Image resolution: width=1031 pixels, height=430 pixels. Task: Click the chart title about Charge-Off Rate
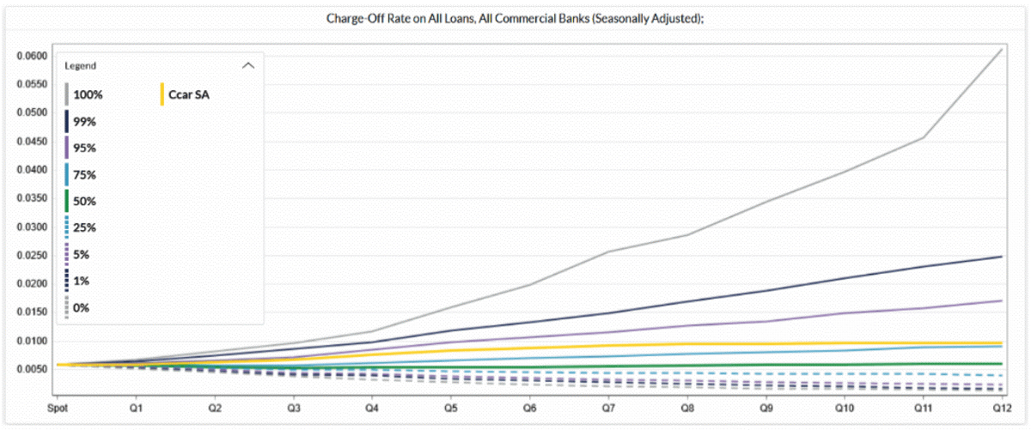point(515,18)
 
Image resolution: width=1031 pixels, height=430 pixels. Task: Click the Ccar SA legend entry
point(188,94)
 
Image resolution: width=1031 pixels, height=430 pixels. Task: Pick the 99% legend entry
point(82,121)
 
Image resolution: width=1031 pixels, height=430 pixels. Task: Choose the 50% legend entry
point(83,201)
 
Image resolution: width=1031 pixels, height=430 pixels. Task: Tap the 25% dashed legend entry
point(83,227)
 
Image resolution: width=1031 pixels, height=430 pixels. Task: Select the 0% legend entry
point(81,307)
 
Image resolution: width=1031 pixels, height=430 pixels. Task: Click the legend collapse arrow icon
point(248,65)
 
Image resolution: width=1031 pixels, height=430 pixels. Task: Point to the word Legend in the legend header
point(81,65)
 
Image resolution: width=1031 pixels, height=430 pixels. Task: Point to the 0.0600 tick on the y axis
point(31,56)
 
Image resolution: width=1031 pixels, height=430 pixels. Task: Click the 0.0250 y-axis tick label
point(31,255)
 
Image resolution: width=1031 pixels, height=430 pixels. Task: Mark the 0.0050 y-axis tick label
point(31,369)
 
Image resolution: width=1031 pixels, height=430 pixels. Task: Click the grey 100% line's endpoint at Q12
point(1002,50)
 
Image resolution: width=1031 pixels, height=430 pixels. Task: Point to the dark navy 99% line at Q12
point(1002,257)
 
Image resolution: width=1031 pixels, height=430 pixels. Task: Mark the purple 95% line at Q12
point(1002,300)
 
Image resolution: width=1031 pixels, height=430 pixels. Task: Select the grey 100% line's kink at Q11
point(924,137)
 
